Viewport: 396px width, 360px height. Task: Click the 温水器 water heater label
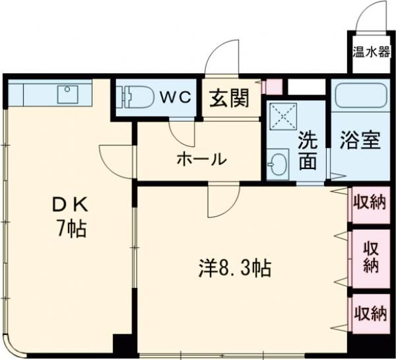(370, 52)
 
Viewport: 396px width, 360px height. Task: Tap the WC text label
(174, 98)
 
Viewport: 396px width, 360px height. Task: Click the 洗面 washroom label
(306, 151)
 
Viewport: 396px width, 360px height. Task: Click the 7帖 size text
(69, 229)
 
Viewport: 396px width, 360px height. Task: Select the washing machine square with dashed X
(284, 120)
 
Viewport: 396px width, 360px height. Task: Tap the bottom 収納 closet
(369, 312)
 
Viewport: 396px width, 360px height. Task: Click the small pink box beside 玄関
(273, 87)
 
